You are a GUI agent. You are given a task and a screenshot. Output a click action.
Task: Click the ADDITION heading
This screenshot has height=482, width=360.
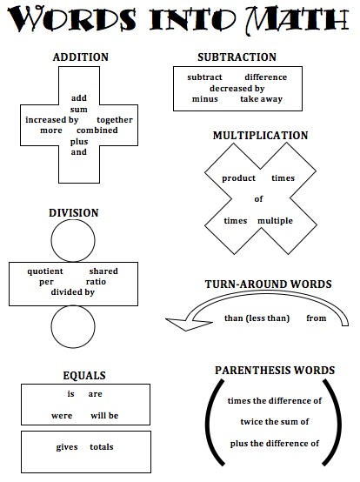click(80, 57)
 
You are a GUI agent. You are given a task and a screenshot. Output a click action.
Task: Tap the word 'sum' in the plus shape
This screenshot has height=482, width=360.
click(79, 109)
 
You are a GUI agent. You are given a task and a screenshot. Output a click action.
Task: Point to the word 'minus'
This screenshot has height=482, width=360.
click(205, 98)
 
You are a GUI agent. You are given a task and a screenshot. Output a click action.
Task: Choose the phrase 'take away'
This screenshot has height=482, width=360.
click(261, 98)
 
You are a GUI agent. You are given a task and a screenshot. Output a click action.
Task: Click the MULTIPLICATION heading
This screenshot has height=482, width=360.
click(260, 136)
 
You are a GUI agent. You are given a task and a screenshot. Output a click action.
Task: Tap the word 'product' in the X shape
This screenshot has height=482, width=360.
click(238, 177)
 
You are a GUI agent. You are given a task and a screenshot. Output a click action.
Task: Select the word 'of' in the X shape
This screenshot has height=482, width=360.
click(258, 199)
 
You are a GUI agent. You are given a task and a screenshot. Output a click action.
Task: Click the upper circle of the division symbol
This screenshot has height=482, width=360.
click(73, 241)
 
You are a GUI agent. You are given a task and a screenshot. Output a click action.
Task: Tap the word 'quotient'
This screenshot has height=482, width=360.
click(45, 271)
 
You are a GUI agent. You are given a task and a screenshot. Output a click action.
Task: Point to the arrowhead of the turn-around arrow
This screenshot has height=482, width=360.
click(177, 325)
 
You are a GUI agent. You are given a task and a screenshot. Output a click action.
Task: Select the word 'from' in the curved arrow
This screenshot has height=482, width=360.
click(317, 318)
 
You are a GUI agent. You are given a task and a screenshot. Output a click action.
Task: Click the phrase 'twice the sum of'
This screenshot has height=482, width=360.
click(274, 422)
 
